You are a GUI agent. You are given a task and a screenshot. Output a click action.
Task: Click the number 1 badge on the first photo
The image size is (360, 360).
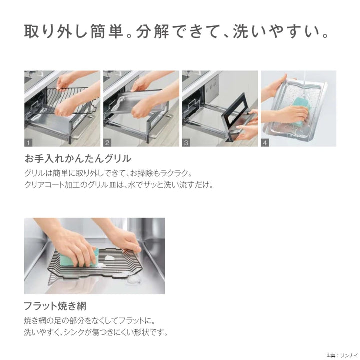pyautogui.click(x=28, y=143)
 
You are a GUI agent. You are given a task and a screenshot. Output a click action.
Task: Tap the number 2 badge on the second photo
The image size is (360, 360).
pyautogui.click(x=107, y=143)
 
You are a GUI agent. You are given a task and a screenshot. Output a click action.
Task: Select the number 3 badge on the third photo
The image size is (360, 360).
pyautogui.click(x=186, y=143)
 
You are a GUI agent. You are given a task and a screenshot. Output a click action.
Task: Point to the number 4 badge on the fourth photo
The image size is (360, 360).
pyautogui.click(x=265, y=143)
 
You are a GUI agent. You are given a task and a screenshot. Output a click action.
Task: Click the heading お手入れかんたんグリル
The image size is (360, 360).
pyautogui.click(x=78, y=159)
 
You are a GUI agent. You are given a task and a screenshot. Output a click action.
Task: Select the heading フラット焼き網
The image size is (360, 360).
pyautogui.click(x=55, y=306)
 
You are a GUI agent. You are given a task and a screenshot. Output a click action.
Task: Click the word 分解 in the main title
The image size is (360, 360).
pyautogui.click(x=153, y=31)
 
